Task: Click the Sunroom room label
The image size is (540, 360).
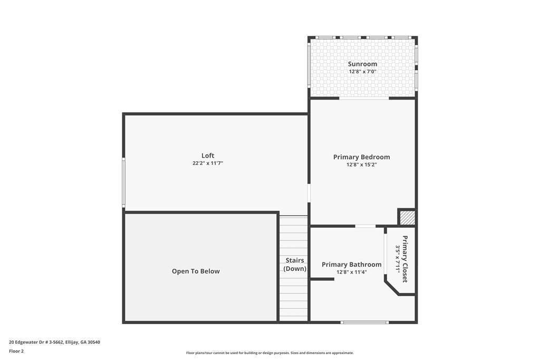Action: (x=362, y=64)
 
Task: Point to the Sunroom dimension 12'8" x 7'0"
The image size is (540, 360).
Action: (x=362, y=72)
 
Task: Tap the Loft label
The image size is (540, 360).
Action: (x=208, y=155)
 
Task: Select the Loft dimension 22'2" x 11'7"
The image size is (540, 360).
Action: (x=208, y=163)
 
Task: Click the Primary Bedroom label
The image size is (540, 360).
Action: (x=362, y=157)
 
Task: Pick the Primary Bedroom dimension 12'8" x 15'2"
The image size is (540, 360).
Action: (x=362, y=164)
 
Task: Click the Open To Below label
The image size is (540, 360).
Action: (x=196, y=271)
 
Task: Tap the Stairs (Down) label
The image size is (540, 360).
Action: (x=295, y=264)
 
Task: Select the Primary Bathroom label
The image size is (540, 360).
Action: (x=352, y=264)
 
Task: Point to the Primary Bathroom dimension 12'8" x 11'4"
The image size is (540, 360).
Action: (x=352, y=272)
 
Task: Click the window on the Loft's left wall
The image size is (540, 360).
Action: (x=123, y=182)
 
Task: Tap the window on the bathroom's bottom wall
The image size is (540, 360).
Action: (x=365, y=323)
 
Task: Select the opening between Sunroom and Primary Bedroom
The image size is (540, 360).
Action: (x=364, y=99)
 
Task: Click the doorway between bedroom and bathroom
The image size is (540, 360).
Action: (x=365, y=226)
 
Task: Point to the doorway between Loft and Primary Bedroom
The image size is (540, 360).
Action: (x=309, y=193)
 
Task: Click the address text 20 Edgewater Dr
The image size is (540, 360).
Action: (x=28, y=342)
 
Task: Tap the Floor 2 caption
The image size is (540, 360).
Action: (x=16, y=352)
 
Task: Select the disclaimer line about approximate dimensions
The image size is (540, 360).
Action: (x=270, y=353)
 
